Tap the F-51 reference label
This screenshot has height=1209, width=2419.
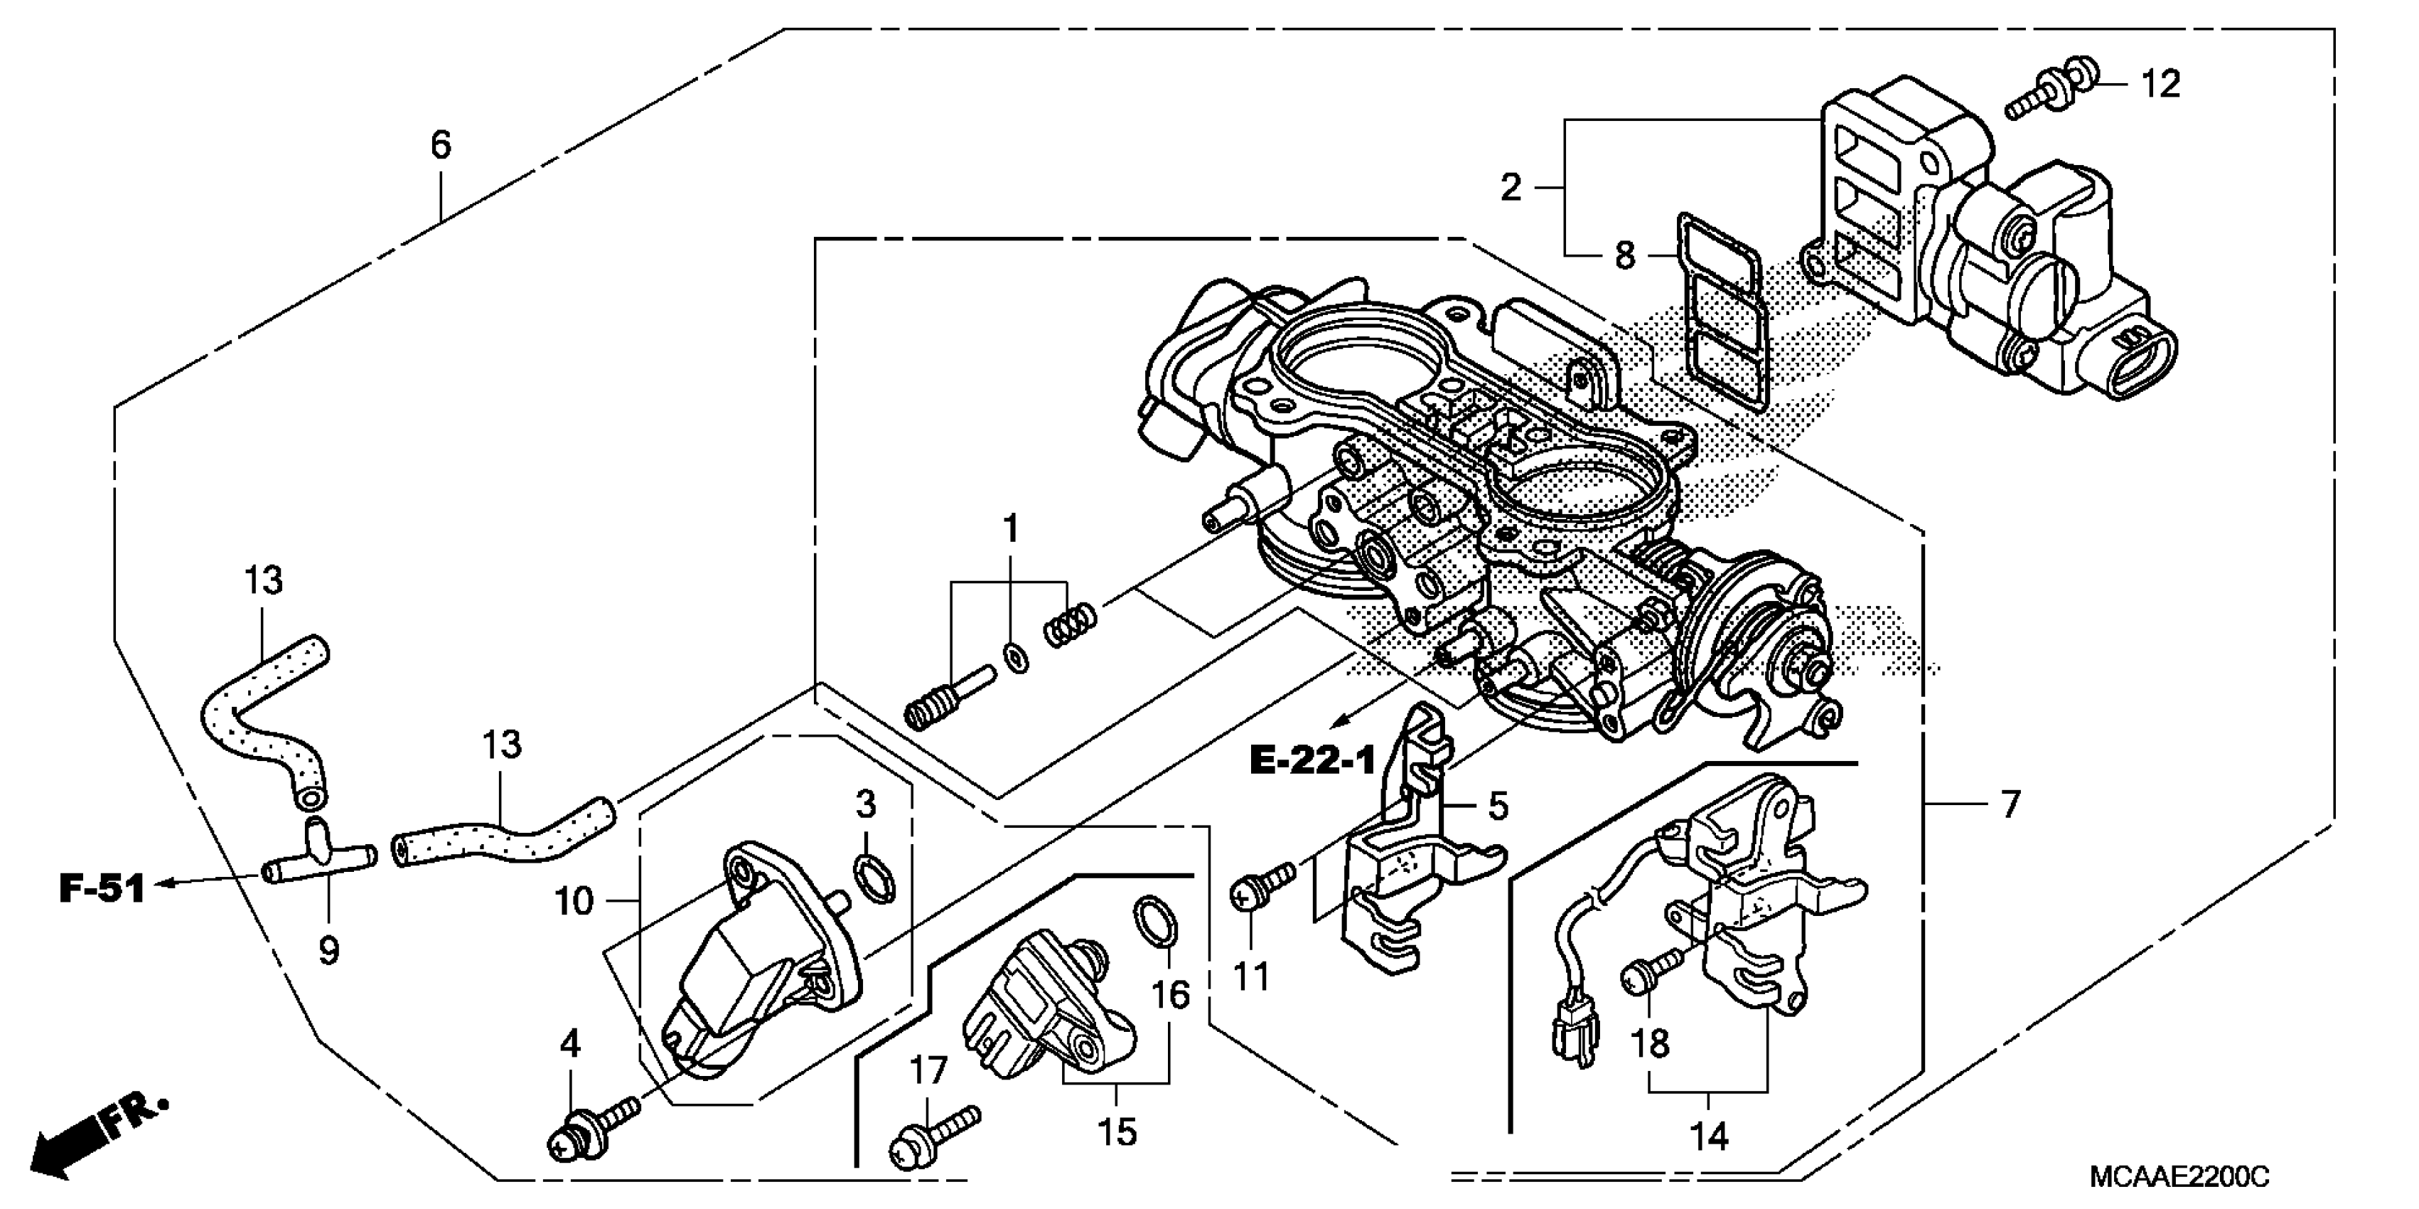102,888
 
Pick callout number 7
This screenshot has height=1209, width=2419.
2010,805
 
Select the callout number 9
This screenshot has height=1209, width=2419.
328,951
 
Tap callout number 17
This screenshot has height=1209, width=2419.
928,1071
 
